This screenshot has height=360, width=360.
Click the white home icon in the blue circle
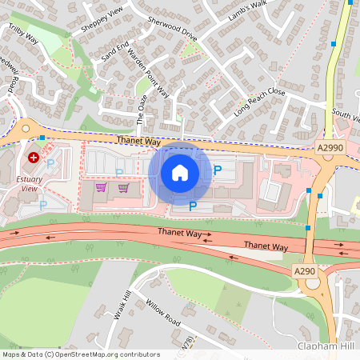point(180,172)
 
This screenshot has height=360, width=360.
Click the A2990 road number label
point(330,148)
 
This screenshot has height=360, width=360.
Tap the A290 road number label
point(305,272)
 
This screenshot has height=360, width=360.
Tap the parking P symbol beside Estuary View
point(50,164)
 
